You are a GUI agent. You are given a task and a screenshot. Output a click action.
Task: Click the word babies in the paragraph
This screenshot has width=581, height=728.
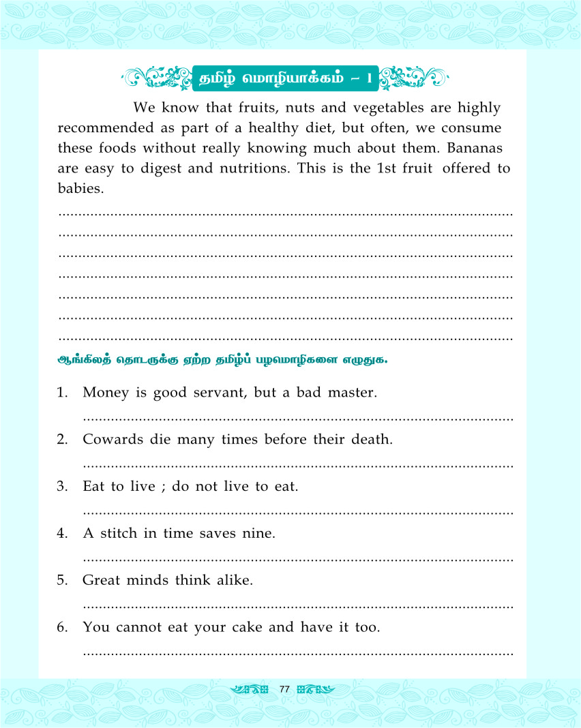pyautogui.click(x=80, y=187)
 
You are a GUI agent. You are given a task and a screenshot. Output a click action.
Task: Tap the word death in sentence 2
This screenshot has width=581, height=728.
pyautogui.click(x=371, y=440)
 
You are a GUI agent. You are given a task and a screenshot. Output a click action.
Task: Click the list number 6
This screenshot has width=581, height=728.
pyautogui.click(x=63, y=627)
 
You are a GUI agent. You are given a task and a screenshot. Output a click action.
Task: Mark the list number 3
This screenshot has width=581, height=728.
pyautogui.click(x=63, y=487)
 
